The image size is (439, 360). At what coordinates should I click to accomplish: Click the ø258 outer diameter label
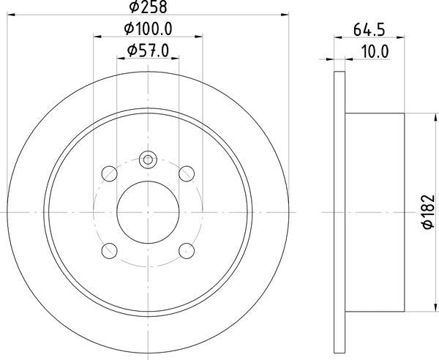pyautogui.click(x=148, y=7)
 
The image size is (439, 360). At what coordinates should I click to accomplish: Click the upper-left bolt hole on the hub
pyautogui.click(x=108, y=173)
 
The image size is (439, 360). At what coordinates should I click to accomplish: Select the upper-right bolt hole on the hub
pyautogui.click(x=187, y=173)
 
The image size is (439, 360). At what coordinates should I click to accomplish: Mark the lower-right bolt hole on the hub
pyautogui.click(x=187, y=250)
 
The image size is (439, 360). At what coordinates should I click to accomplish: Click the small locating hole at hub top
pyautogui.click(x=148, y=159)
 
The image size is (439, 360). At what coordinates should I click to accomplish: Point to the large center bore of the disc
pyautogui.click(x=148, y=211)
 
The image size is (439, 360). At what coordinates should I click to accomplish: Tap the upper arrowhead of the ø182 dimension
pyautogui.click(x=416, y=117)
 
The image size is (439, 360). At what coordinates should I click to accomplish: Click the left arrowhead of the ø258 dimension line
pyautogui.click(x=10, y=15)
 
